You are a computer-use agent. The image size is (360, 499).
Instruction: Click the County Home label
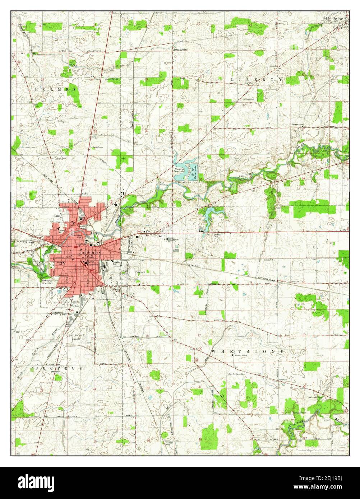pos(241,355)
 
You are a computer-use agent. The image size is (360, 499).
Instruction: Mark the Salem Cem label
pos(295,282)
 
